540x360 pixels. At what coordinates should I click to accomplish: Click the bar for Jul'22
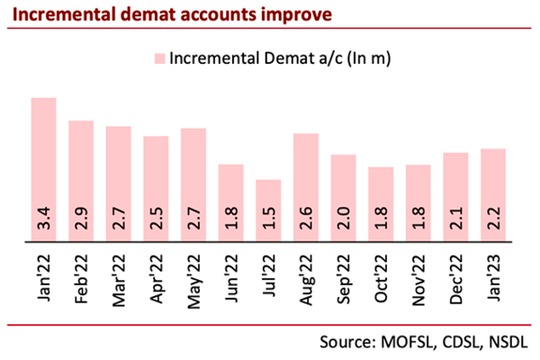pos(268,211)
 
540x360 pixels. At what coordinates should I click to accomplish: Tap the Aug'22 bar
pos(306,187)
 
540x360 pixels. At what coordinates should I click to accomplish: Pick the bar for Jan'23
pos(492,195)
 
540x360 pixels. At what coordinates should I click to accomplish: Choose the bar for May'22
pos(193,184)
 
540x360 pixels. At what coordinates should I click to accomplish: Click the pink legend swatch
pos(160,58)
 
